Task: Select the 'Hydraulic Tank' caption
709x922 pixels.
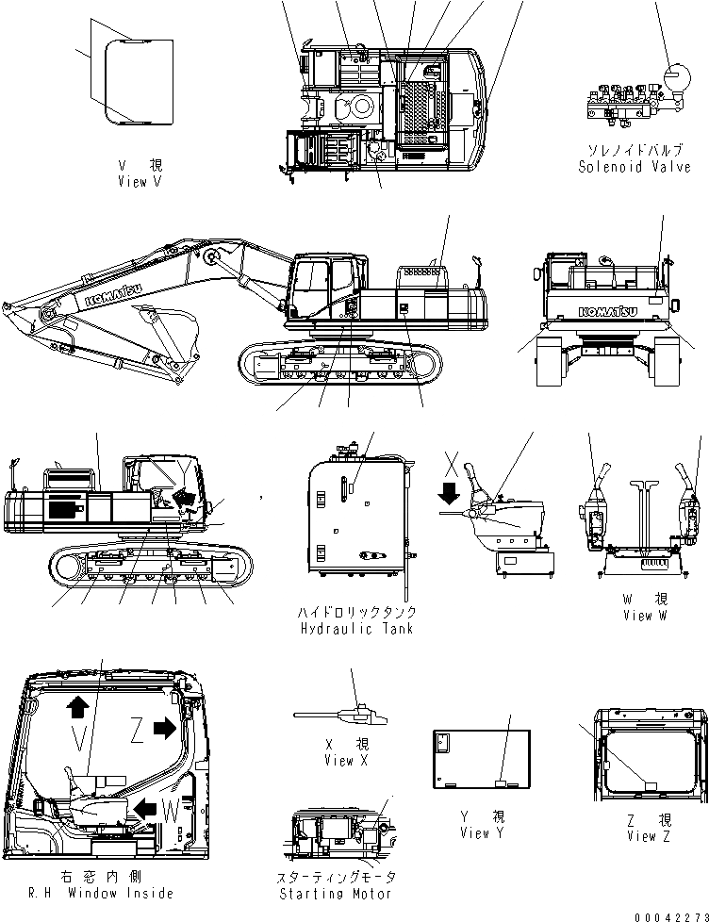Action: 354,629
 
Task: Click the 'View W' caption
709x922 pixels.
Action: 645,616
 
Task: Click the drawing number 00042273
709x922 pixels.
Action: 670,914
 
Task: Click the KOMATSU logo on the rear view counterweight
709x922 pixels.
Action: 607,310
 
